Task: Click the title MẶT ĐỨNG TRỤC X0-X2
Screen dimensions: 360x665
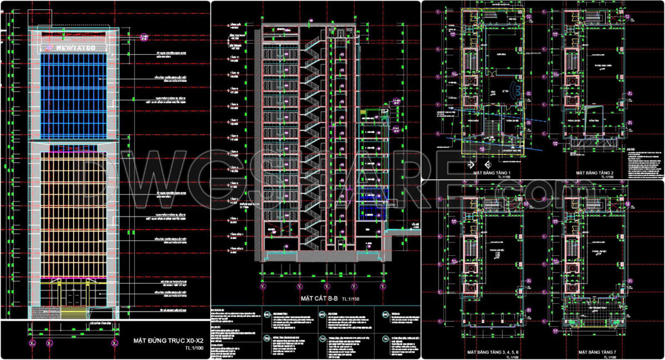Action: coord(165,340)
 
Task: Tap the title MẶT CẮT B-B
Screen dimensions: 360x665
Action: coord(320,299)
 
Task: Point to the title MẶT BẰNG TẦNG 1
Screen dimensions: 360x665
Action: coord(492,173)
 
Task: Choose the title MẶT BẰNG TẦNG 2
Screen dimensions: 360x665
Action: coord(594,173)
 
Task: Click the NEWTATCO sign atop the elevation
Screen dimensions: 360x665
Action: coord(75,48)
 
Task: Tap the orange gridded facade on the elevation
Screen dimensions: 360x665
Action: coord(74,210)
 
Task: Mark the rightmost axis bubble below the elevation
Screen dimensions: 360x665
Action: coord(114,344)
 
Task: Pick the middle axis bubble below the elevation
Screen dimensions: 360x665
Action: coord(49,344)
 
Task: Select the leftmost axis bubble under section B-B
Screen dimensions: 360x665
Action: coord(262,287)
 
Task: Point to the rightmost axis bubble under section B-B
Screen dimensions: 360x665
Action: coord(382,287)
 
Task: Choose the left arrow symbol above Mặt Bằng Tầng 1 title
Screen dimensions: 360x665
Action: coord(470,165)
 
